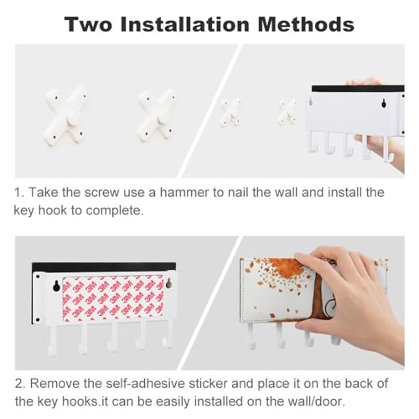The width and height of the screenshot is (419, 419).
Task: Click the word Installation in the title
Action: click(185, 24)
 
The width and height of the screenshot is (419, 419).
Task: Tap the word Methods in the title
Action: click(306, 24)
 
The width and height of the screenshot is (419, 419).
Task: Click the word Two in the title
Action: click(89, 24)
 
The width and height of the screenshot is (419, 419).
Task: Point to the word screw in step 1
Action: click(101, 193)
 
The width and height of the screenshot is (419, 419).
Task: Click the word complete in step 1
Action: click(115, 211)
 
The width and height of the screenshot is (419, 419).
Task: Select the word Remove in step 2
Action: click(54, 384)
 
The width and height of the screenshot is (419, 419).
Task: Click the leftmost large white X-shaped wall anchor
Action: click(65, 116)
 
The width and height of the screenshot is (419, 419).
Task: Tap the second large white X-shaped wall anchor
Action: click(157, 116)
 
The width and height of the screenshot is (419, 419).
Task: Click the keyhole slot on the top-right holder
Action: click(384, 104)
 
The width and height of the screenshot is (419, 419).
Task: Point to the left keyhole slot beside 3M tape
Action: click(56, 286)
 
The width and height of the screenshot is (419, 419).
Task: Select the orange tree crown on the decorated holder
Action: click(283, 269)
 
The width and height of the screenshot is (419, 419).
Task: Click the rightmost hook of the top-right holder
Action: click(387, 149)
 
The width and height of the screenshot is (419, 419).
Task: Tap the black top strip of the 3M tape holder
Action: click(104, 267)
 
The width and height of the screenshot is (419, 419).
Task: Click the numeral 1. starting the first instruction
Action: click(19, 193)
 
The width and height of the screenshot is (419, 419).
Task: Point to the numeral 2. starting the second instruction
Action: click(20, 384)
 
